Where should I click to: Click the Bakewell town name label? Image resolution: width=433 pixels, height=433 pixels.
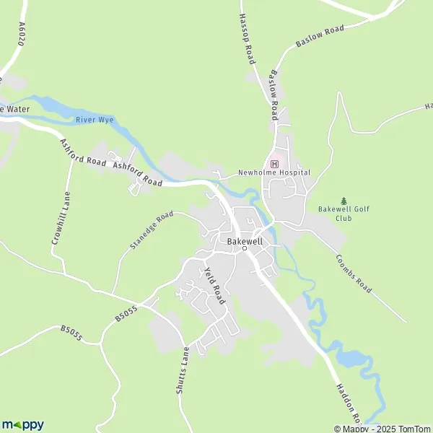click(244, 240)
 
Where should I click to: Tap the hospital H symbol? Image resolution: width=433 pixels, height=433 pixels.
click(274, 164)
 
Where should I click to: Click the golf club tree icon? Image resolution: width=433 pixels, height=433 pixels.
click(344, 200)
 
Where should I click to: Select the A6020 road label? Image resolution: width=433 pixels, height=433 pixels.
click(22, 33)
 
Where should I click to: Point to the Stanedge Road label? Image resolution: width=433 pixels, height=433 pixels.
click(152, 230)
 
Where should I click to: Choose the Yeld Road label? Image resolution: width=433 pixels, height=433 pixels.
click(214, 284)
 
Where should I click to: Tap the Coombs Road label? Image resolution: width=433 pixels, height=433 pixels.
click(353, 274)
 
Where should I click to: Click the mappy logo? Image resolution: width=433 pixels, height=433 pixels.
click(23, 425)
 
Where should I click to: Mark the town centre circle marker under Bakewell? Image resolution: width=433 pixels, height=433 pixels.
click(244, 249)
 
